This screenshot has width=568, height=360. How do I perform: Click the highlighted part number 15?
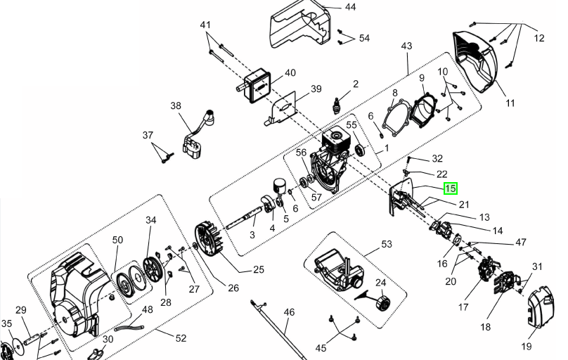451,188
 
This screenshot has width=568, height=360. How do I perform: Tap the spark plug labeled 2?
337,105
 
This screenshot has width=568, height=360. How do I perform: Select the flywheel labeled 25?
210,239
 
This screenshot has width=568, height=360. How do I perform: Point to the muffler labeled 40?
257,87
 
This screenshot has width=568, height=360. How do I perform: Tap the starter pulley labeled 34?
151,269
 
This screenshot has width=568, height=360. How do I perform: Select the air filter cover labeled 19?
541,306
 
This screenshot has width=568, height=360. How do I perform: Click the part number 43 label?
406,46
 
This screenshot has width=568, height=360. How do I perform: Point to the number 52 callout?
181,338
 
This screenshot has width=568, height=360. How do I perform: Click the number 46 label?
289,311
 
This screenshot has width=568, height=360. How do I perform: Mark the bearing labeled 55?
360,150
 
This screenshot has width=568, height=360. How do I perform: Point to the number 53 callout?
387,244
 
